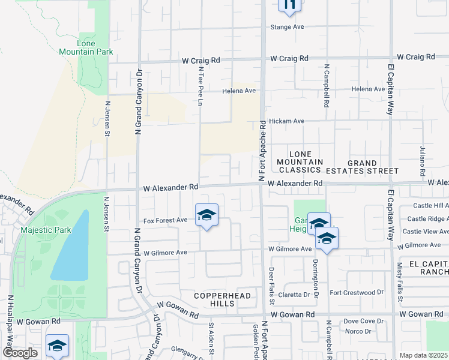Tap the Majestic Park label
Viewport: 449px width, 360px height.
[46, 230]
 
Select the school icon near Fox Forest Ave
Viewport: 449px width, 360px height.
[206, 216]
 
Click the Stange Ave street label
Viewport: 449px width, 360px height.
[288, 27]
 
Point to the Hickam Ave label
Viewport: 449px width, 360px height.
[287, 121]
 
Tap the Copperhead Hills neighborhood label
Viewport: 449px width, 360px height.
[214, 299]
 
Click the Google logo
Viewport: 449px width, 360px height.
[19, 353]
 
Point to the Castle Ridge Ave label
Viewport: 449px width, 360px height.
[426, 219]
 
